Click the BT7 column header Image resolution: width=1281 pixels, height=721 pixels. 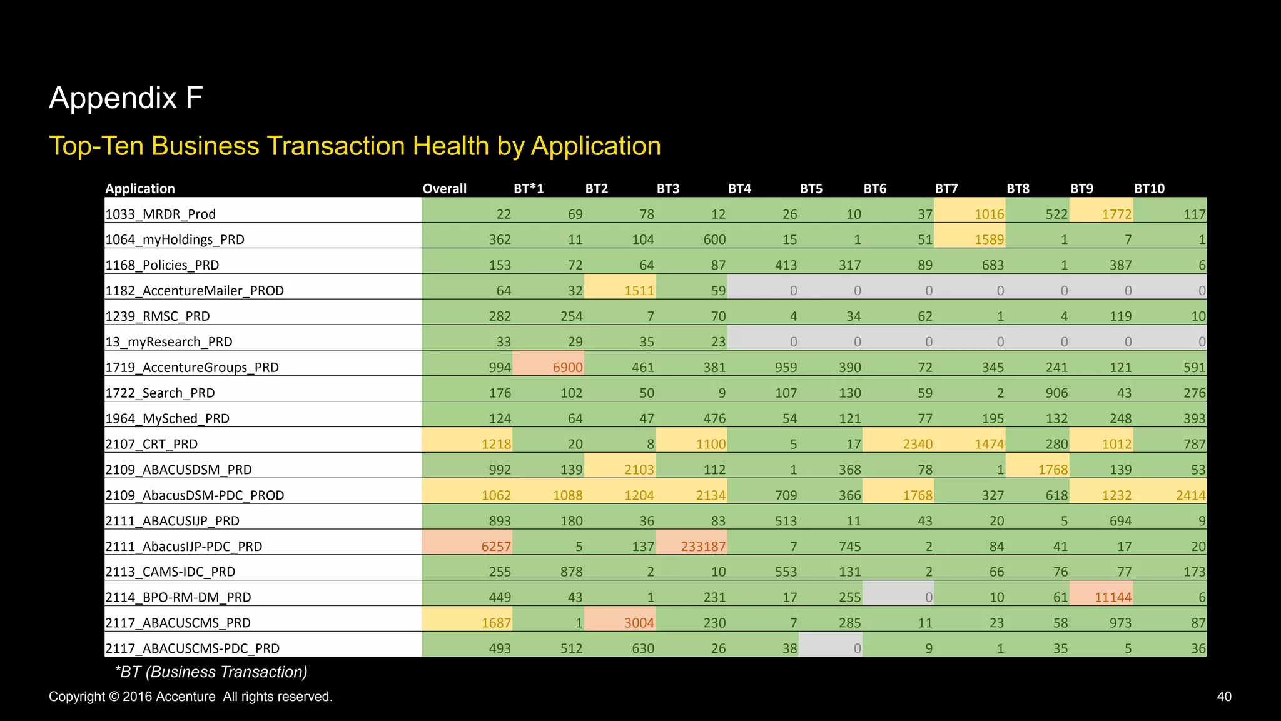946,189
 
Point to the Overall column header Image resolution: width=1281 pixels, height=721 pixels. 444,189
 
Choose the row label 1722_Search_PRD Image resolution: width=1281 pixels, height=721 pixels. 160,393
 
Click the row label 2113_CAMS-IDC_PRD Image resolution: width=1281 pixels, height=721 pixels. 170,572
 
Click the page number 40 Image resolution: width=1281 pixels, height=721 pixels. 1223,697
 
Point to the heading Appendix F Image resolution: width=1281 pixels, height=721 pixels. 126,98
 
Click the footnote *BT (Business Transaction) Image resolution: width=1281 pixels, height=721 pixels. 211,672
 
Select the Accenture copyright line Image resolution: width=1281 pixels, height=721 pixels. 190,697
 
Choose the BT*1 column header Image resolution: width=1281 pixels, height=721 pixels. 529,189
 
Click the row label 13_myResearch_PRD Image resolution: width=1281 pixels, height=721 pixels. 169,342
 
